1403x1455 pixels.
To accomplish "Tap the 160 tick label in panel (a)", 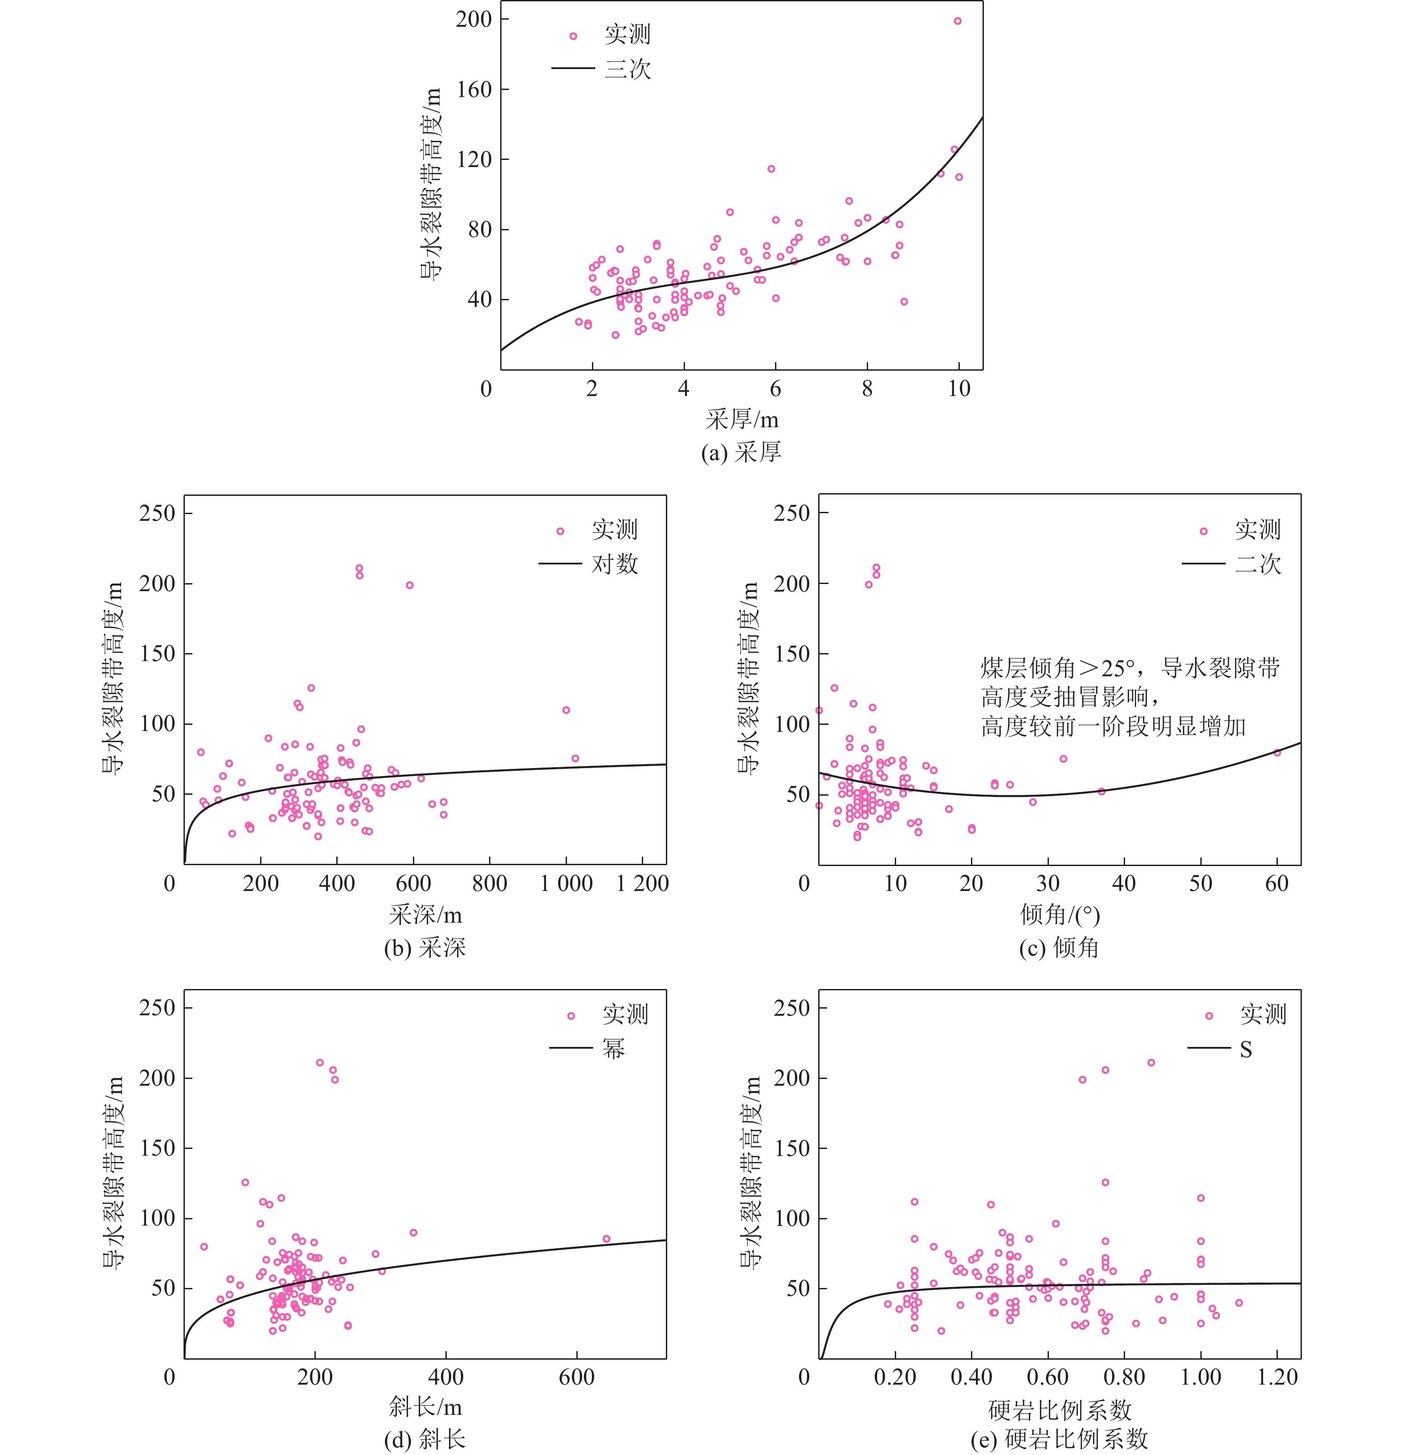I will [473, 89].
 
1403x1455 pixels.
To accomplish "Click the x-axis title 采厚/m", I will [742, 419].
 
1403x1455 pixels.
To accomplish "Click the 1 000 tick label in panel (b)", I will [566, 883].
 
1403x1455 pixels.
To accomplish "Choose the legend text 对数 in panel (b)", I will [615, 564].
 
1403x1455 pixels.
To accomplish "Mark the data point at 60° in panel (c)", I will [1277, 753].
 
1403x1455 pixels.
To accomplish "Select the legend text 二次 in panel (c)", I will [1258, 564].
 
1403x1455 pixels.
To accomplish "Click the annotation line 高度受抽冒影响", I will [1069, 697].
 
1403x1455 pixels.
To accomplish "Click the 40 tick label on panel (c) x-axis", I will [1124, 883].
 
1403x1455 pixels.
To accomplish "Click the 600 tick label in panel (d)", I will [577, 1378].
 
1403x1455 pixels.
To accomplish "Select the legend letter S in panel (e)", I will [1246, 1049].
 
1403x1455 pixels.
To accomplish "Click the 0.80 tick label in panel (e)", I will [1124, 1378].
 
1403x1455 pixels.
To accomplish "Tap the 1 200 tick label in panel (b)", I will [642, 883].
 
